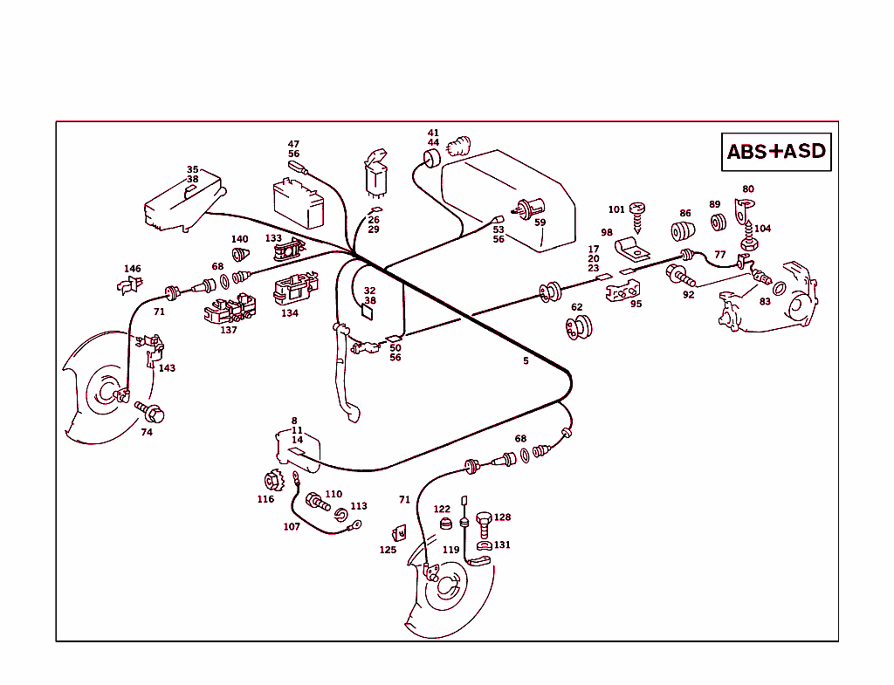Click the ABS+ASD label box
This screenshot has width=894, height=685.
pyautogui.click(x=776, y=152)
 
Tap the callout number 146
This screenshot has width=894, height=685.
pyautogui.click(x=132, y=269)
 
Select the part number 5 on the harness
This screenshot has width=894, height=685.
pyautogui.click(x=526, y=360)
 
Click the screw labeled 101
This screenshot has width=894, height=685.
pyautogui.click(x=638, y=214)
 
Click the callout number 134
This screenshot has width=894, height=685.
pyautogui.click(x=290, y=313)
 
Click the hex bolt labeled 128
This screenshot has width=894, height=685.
pyautogui.click(x=485, y=521)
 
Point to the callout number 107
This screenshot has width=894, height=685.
pyautogui.click(x=292, y=527)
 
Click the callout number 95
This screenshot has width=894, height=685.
pyautogui.click(x=636, y=305)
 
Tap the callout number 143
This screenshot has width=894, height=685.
pyautogui.click(x=167, y=368)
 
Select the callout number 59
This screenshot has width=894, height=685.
pyautogui.click(x=540, y=223)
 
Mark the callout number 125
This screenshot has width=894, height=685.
pyautogui.click(x=388, y=551)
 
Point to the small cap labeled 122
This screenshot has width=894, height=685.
pyautogui.click(x=446, y=524)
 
